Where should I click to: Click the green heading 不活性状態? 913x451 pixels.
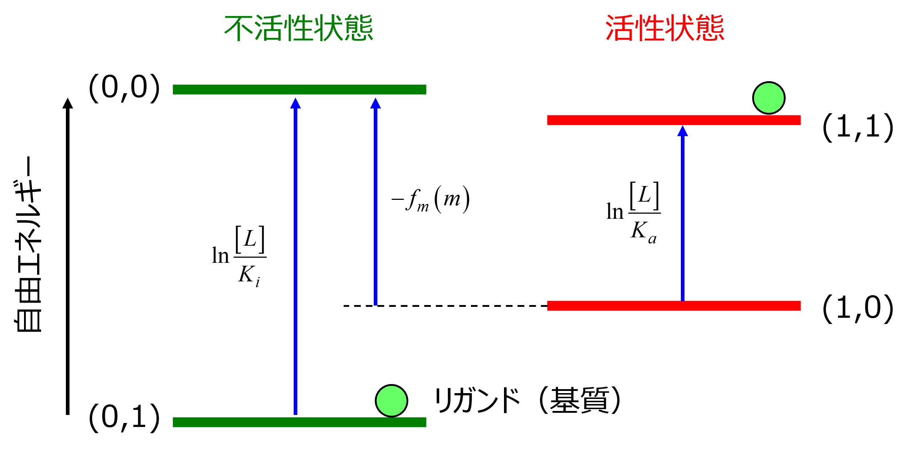tap(298, 28)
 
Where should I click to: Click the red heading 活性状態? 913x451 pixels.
tap(665, 28)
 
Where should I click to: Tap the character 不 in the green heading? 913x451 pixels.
tap(238, 28)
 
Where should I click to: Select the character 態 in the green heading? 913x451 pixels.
tap(358, 28)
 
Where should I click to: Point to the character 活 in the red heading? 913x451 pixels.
tap(620, 28)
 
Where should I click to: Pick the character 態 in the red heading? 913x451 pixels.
tap(710, 28)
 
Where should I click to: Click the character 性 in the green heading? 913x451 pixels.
tap(298, 28)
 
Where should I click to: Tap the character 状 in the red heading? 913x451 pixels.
tap(680, 28)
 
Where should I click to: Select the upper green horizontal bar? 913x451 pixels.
tap(299, 90)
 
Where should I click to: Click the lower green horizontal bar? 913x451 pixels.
tap(299, 422)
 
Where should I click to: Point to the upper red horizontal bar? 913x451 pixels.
tap(674, 120)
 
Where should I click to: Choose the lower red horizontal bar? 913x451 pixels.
tap(674, 306)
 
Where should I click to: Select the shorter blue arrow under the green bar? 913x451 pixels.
tap(376, 204)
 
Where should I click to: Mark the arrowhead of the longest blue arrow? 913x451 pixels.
tap(295, 103)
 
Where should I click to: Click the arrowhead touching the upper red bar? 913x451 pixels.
tap(683, 131)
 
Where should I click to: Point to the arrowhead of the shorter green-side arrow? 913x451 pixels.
tap(376, 103)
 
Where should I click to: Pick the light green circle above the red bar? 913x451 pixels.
tap(769, 98)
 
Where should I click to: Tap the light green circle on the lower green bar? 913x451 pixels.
tap(392, 401)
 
